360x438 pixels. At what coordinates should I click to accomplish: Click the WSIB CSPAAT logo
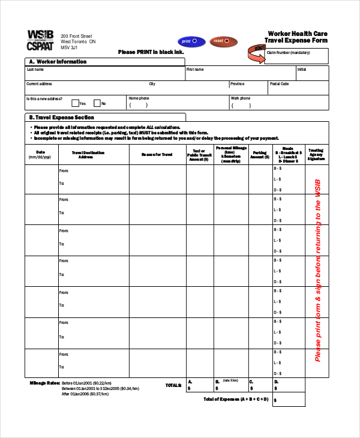click(40, 40)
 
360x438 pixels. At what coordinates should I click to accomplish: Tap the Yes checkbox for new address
click(76, 103)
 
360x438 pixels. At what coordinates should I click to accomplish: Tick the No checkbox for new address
click(97, 103)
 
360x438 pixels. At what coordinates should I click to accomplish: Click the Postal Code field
click(298, 89)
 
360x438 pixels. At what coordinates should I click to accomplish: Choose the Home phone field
click(177, 103)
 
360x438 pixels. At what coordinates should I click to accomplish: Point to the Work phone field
click(279, 103)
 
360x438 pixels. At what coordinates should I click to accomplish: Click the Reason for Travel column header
click(157, 154)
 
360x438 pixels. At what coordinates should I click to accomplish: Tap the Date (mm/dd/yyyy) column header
click(40, 154)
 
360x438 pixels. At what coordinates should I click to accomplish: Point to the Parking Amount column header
click(259, 154)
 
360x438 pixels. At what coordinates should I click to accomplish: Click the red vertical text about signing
click(318, 270)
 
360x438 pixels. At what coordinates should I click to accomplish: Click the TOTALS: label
click(173, 385)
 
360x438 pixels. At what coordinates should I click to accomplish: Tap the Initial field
click(312, 74)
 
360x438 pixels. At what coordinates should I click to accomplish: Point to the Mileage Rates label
click(44, 383)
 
